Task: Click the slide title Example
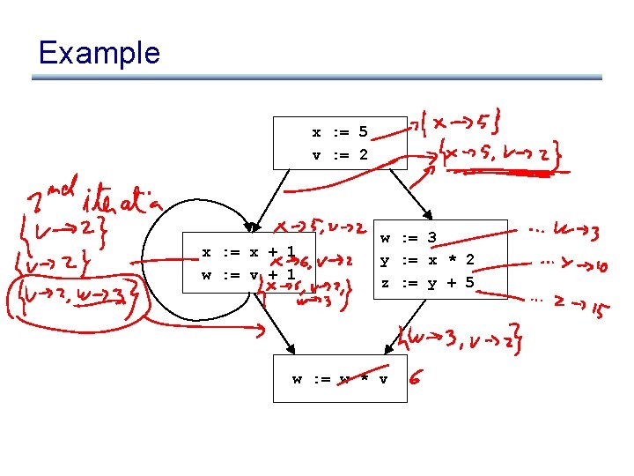[99, 53]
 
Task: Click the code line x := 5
[339, 133]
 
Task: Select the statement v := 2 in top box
[339, 155]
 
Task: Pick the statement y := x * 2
[427, 259]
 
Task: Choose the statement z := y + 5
[427, 282]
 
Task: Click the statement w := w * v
[340, 379]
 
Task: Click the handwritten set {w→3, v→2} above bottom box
[459, 338]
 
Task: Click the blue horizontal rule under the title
[317, 78]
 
